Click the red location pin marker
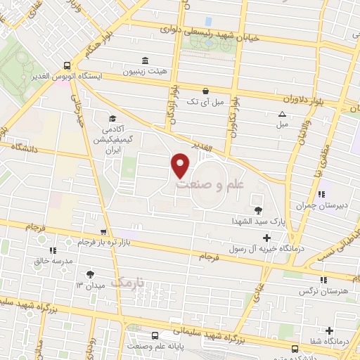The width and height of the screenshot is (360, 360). point(181,165)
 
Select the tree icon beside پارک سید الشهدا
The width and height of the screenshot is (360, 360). point(259,210)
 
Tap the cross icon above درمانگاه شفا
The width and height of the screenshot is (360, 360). point(330,330)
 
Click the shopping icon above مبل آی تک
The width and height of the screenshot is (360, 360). point(205,90)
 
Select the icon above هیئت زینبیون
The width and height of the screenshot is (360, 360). point(145,60)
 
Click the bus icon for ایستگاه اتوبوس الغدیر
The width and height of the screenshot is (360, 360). point(66,62)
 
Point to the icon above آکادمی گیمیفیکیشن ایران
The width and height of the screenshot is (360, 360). point(111,119)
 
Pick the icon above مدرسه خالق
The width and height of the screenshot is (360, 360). point(51,250)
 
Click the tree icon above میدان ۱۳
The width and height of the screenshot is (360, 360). point(89,275)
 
